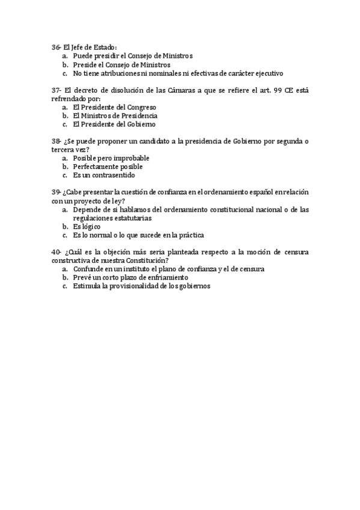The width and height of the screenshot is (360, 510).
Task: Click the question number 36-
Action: pyautogui.click(x=56, y=47)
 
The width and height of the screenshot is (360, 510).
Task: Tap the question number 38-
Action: pyautogui.click(x=56, y=141)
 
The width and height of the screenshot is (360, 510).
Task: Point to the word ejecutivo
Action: pyautogui.click(x=265, y=73)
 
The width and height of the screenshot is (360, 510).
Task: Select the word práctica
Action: pyautogui.click(x=188, y=235)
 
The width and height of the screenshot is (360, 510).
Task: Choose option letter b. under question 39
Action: pyautogui.click(x=64, y=227)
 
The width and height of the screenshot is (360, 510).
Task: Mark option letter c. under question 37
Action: pyautogui.click(x=64, y=124)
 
